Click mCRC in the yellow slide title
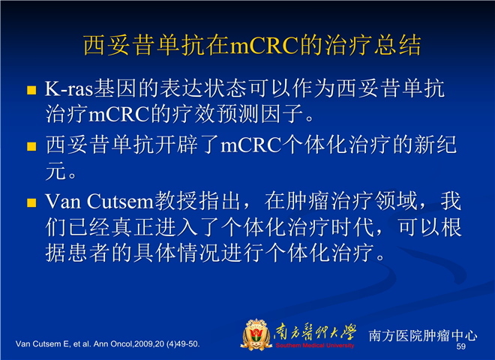[x=264, y=45]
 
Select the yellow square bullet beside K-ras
[x=31, y=90]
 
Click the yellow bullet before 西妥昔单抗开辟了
[x=31, y=146]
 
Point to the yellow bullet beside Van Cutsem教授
[x=31, y=202]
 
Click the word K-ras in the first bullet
[x=69, y=88]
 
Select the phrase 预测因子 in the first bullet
[x=261, y=114]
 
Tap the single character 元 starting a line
[x=55, y=171]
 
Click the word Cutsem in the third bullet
[x=120, y=202]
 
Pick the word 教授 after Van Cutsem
[x=175, y=201]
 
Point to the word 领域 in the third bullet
[x=396, y=201]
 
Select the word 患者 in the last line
[x=78, y=253]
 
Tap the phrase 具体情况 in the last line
[x=176, y=253]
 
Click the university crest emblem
[x=256, y=334]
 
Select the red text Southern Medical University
[x=315, y=345]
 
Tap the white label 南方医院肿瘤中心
[x=423, y=336]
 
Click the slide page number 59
[x=461, y=346]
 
